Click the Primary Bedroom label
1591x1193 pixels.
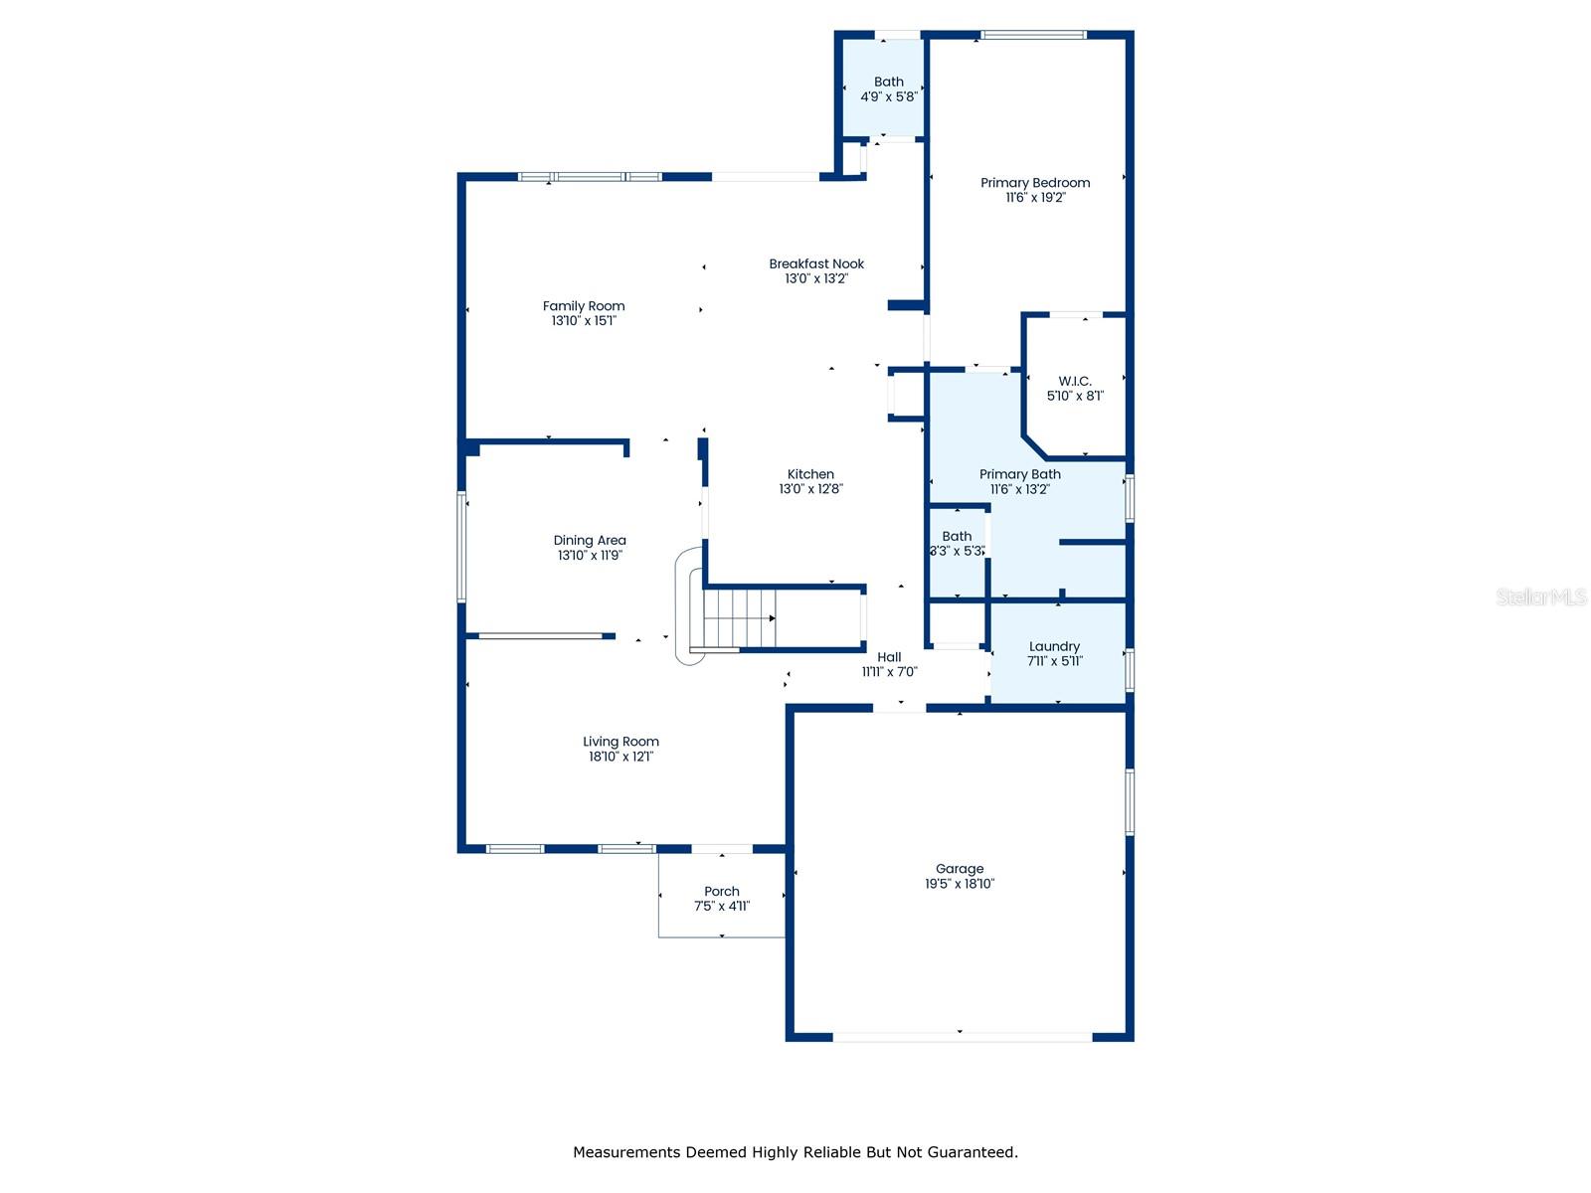point(1035,183)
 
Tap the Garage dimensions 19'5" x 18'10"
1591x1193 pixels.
point(960,884)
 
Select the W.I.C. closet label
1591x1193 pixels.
point(1075,382)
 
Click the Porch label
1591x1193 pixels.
point(722,892)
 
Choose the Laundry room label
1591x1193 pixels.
point(1054,647)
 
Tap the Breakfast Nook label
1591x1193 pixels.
point(816,264)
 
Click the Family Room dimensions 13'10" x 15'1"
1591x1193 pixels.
point(584,321)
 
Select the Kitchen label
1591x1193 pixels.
point(810,475)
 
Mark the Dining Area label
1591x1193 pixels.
point(590,541)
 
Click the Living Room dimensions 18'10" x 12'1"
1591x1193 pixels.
point(620,757)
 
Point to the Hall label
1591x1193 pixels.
point(889,657)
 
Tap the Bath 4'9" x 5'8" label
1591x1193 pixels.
point(889,83)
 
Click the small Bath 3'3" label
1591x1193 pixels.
point(957,537)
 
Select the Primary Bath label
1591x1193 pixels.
point(1019,475)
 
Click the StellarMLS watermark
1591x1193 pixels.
point(1541,597)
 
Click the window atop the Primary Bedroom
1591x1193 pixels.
point(1033,36)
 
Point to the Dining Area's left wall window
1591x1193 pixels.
point(461,546)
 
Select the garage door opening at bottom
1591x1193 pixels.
point(962,1037)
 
